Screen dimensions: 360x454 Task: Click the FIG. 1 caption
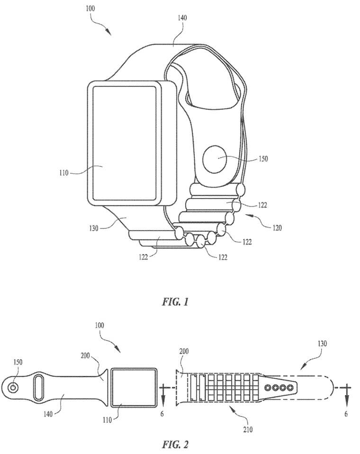[175, 302]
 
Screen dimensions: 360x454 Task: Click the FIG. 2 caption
[175, 444]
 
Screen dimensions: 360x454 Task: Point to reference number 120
[277, 228]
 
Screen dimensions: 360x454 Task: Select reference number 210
[248, 429]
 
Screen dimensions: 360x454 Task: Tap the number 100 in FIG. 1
[90, 9]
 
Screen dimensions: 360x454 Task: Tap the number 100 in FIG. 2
[99, 325]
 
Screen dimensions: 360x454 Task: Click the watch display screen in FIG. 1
[125, 143]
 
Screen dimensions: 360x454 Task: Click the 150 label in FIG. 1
[263, 159]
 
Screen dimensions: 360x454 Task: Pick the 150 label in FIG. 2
[18, 362]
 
